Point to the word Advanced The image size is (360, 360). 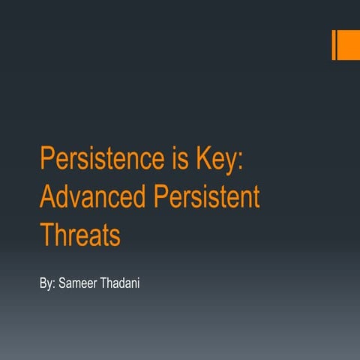click(91, 197)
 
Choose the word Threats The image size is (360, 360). click(80, 235)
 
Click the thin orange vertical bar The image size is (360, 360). click(334, 44)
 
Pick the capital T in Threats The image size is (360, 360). click(46, 235)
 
